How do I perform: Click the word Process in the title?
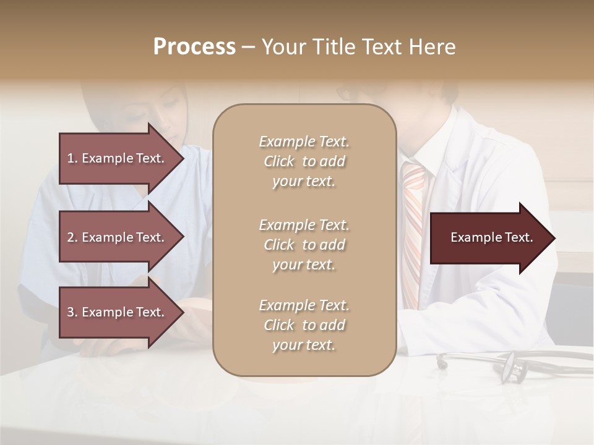(194, 47)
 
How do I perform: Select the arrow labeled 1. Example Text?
(118, 158)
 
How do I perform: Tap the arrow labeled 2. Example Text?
(118, 237)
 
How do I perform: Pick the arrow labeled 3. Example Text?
(118, 312)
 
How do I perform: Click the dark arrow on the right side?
(489, 238)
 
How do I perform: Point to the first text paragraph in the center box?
(304, 161)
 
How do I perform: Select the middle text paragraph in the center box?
(304, 245)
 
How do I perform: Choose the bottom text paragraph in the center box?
(304, 325)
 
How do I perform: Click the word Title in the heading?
(341, 47)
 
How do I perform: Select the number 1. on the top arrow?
(72, 158)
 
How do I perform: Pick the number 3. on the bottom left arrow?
(72, 312)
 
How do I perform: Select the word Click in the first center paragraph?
(279, 161)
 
